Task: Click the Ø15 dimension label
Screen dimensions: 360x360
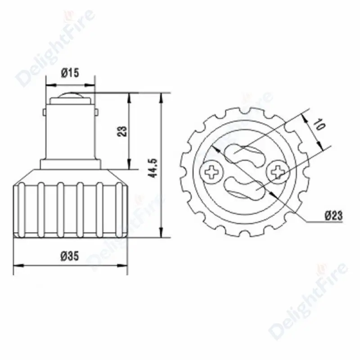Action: click(70, 73)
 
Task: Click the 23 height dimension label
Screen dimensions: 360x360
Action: click(122, 131)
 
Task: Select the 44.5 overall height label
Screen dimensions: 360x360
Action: click(153, 168)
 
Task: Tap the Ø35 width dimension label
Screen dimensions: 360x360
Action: click(70, 256)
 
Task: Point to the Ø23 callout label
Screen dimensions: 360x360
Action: click(333, 216)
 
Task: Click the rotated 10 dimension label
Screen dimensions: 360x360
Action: click(320, 125)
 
